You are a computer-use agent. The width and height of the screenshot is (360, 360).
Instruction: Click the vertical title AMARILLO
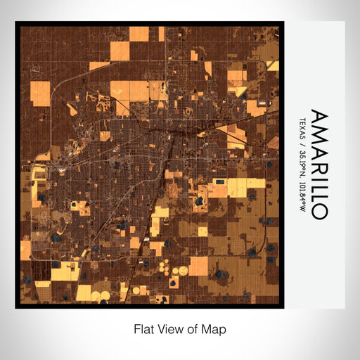point(317,165)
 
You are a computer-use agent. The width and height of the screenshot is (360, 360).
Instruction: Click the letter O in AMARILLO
point(317,210)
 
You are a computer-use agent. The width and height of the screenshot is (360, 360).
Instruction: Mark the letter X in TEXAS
point(302,125)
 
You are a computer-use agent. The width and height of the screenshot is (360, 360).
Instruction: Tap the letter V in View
point(158,328)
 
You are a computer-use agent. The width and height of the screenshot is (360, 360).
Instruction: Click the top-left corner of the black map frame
point(16,22)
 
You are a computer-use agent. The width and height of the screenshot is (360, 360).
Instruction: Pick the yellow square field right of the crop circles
point(199,266)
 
